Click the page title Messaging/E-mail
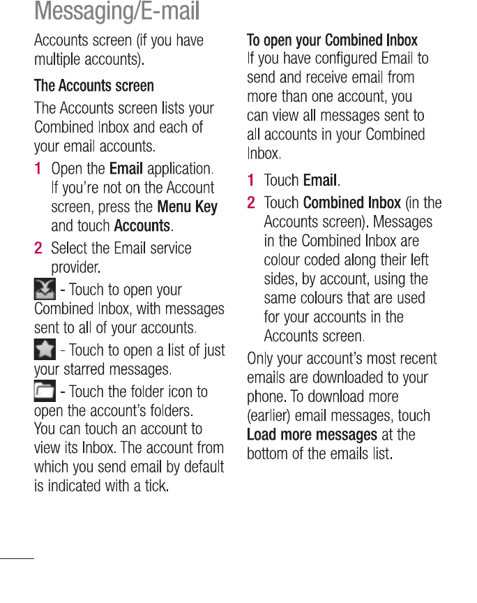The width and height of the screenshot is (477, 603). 116,11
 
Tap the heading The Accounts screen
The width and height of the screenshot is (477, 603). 94,87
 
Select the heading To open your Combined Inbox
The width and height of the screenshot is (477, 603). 333,40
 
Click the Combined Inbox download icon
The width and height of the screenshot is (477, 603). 45,289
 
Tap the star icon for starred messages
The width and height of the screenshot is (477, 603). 45,349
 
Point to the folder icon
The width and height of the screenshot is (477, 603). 45,391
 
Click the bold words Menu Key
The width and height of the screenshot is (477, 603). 188,207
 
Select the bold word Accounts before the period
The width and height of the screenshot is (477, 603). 142,226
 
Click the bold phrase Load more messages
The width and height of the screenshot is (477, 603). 312,435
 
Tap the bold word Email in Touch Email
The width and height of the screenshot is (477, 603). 320,181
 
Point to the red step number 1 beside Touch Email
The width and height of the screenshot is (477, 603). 251,181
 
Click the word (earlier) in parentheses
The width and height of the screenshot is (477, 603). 272,417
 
